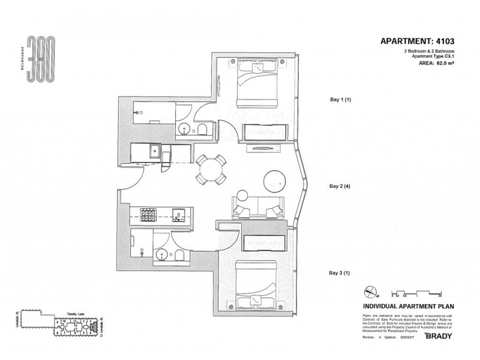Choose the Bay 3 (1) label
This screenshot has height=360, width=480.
tap(340, 273)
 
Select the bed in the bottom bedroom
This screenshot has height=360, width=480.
tap(256, 283)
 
